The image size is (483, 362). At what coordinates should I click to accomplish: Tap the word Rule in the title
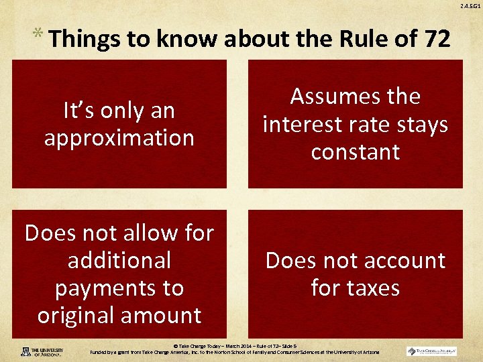(345, 40)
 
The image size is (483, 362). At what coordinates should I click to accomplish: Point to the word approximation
(119, 137)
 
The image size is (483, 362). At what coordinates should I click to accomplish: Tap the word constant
(355, 152)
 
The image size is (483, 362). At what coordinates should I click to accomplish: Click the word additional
(119, 260)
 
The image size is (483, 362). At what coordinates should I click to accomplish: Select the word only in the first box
(119, 110)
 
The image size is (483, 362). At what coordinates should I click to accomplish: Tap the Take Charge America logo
(431, 351)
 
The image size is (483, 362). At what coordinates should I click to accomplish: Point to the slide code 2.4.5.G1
(469, 6)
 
